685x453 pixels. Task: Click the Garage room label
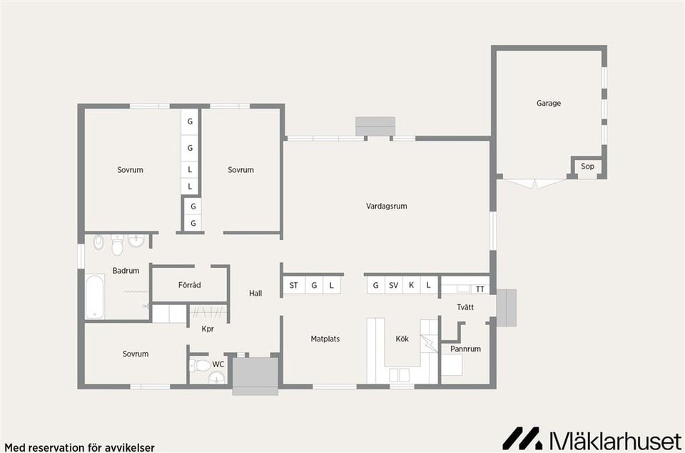(x=549, y=103)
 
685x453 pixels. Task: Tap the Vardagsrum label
(x=386, y=206)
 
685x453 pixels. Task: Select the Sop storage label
(x=587, y=166)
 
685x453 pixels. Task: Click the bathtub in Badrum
(x=95, y=297)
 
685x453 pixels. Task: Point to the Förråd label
(x=189, y=285)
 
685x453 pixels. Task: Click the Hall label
(x=255, y=293)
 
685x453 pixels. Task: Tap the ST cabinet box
(x=293, y=286)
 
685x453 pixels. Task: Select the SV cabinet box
(x=393, y=286)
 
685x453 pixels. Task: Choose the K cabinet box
(x=411, y=286)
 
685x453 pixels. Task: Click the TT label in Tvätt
(x=480, y=289)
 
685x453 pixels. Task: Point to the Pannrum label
(x=465, y=349)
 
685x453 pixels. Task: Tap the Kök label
(x=402, y=339)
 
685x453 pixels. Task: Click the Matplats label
(x=325, y=339)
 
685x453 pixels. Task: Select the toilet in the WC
(x=201, y=366)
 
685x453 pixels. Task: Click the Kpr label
(x=208, y=329)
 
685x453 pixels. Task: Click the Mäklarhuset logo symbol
(x=523, y=438)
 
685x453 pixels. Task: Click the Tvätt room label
(x=465, y=307)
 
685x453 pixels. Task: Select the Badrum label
(x=126, y=270)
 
